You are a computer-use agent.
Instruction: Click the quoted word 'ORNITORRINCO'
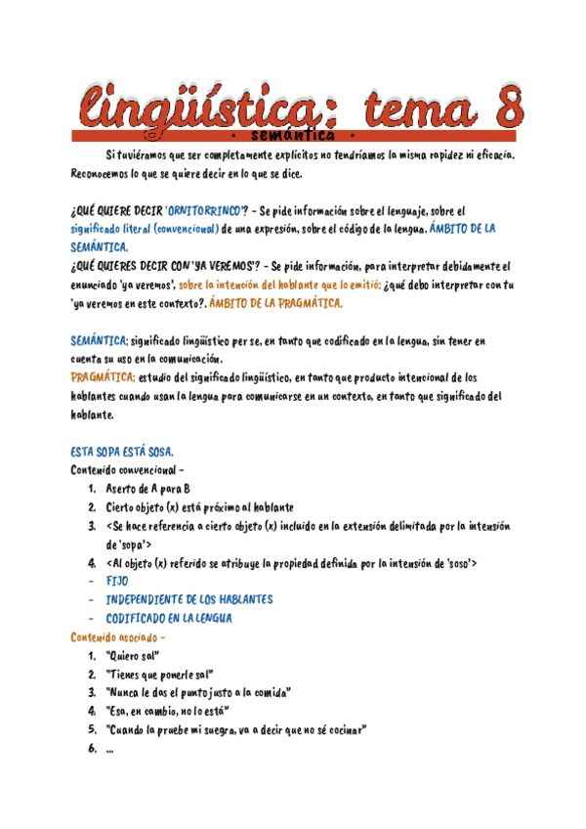tap(205, 210)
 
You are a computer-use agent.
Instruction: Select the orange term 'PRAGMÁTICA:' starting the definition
tap(103, 377)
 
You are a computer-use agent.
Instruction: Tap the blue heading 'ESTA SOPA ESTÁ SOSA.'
tap(122, 452)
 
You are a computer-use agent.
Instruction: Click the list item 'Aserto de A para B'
tap(147, 488)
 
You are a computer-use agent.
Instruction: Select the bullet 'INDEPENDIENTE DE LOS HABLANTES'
tap(189, 599)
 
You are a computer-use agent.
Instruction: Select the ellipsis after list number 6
tap(108, 749)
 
